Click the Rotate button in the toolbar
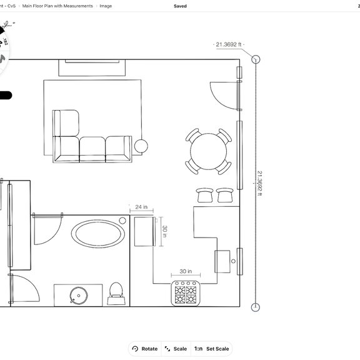[144, 349]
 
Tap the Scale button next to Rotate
[176, 349]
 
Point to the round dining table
[210, 151]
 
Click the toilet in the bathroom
[116, 292]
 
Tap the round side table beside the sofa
[142, 146]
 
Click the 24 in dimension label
[141, 207]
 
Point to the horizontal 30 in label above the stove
[185, 272]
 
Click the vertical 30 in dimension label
[164, 231]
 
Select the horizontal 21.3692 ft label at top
[228, 44]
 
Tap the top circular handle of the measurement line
[256, 59]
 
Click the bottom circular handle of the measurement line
[256, 307]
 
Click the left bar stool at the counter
[205, 195]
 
